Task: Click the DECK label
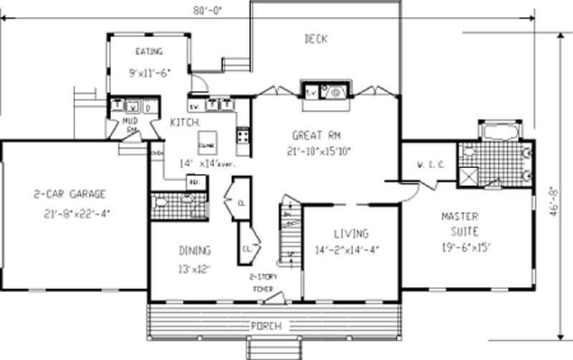click(315, 39)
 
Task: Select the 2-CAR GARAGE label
click(69, 193)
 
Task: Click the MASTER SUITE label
click(461, 223)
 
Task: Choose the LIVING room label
click(351, 233)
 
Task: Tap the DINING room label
click(194, 250)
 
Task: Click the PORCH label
click(265, 326)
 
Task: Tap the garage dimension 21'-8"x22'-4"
click(69, 213)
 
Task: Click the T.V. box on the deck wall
click(312, 92)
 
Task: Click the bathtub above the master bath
click(500, 132)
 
